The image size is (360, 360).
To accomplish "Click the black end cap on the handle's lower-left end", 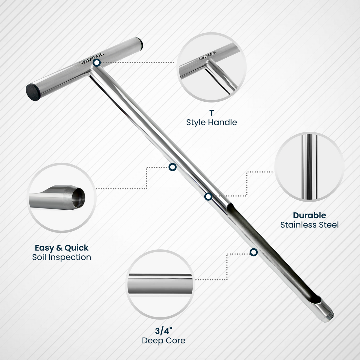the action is (33, 92).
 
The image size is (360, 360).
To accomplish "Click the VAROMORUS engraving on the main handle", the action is (92, 59).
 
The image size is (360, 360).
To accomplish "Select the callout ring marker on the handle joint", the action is (97, 63).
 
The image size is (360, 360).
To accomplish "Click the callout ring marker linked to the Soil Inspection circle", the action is (172, 167).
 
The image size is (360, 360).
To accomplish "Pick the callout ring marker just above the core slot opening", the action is (208, 196).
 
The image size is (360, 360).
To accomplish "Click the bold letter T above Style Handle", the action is (211, 113).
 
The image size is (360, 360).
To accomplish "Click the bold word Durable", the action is (309, 215).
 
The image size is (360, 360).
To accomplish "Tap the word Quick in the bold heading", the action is (76, 248).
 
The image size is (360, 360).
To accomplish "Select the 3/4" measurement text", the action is (163, 331).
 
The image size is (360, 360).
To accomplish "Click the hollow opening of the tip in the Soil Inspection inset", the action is (79, 198).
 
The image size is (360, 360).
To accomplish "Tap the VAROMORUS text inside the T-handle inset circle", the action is (207, 56).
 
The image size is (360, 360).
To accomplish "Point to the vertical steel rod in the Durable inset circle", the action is (309, 167).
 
